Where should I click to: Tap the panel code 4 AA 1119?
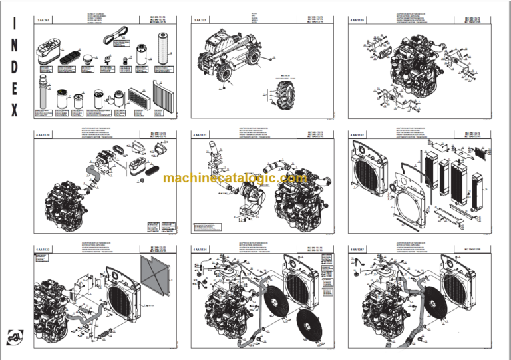tap(357, 21)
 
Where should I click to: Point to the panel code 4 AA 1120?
tap(43, 135)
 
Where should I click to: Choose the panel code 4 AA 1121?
tap(200, 135)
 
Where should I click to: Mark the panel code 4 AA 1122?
tap(357, 135)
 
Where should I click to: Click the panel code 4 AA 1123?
tap(43, 249)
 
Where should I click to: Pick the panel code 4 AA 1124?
tap(200, 249)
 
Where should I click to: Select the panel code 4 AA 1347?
tap(357, 249)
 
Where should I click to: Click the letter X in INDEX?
tap(14, 110)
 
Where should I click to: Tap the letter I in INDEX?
tap(14, 23)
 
